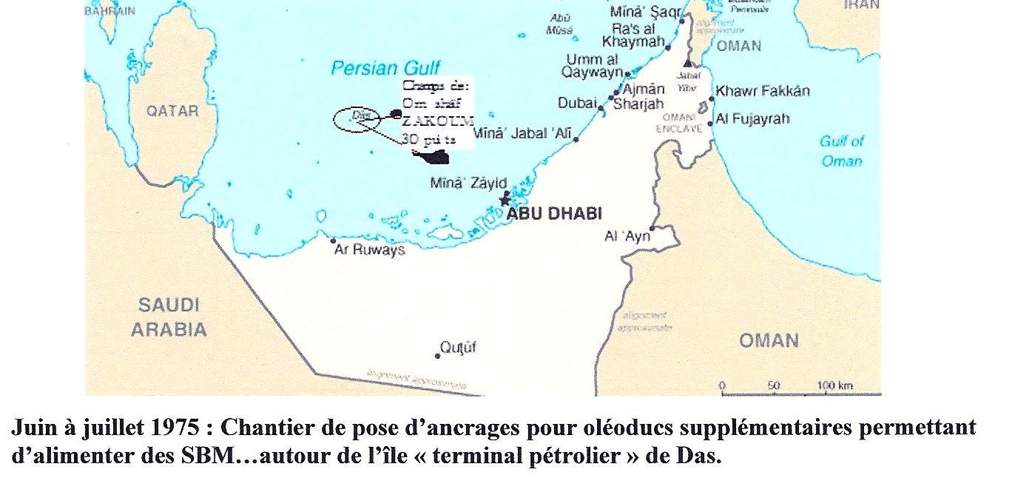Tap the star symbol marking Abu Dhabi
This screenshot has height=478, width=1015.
[506, 199]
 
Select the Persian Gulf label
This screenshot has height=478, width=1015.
[385, 69]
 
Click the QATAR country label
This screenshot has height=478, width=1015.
[172, 111]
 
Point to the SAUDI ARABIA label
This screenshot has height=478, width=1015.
[169, 317]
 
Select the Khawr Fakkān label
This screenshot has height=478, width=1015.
[764, 91]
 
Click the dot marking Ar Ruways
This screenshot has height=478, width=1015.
[334, 240]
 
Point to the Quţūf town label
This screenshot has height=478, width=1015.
[459, 347]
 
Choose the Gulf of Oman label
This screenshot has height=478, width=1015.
[842, 151]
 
